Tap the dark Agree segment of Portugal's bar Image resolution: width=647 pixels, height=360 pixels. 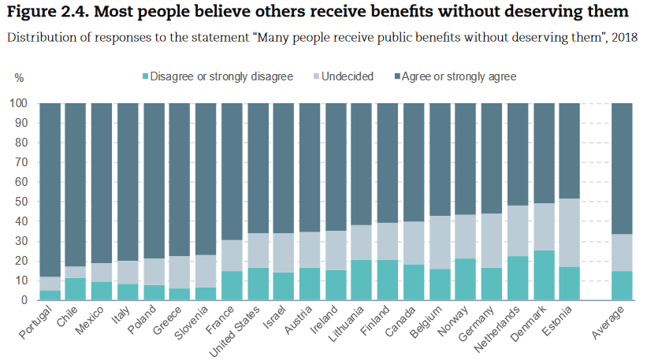tap(50, 189)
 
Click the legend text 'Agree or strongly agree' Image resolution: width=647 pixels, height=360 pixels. tap(459, 76)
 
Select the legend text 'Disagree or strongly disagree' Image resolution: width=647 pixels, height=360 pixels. tap(221, 76)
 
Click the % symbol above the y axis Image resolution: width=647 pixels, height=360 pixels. tap(20, 77)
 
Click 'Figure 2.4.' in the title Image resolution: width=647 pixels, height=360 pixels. tap(46, 13)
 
